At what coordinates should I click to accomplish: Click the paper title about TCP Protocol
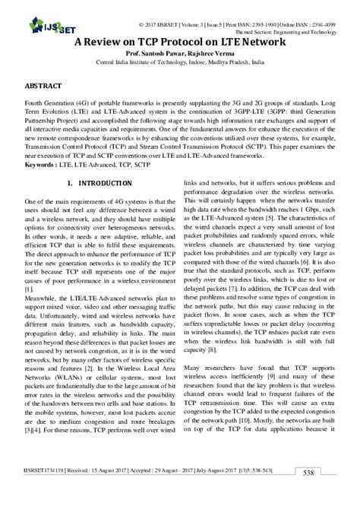click(180, 44)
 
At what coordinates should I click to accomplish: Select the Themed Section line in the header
click(289, 22)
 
